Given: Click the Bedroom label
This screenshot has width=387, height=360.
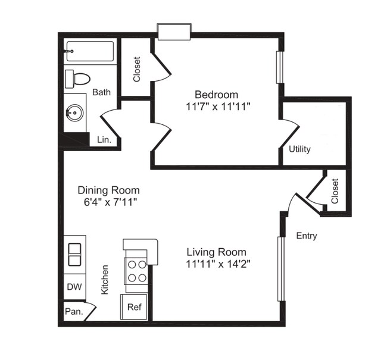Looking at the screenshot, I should point(217,95).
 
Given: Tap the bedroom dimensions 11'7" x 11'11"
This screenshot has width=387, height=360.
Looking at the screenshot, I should point(217,107).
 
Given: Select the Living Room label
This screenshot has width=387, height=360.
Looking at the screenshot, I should point(216,252).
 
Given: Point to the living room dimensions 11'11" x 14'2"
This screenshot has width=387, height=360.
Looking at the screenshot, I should point(217,264).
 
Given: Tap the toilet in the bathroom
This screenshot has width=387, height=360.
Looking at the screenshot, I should point(79,78).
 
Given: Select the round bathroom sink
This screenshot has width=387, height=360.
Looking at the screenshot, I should point(75,112).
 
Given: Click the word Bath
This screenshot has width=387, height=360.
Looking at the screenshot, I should point(102,92).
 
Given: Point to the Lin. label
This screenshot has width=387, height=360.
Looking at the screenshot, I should point(104,140).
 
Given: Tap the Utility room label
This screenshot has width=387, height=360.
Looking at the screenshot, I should point(299,149).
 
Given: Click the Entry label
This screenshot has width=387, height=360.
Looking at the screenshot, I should point(307,236).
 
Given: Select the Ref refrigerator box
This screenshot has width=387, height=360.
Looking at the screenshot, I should point(134,307).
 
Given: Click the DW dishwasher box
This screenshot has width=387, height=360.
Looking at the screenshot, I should point(74,287).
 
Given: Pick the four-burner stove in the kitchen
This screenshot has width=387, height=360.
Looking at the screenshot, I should point(136,271).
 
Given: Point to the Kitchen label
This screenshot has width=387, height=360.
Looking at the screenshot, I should point(105,280).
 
